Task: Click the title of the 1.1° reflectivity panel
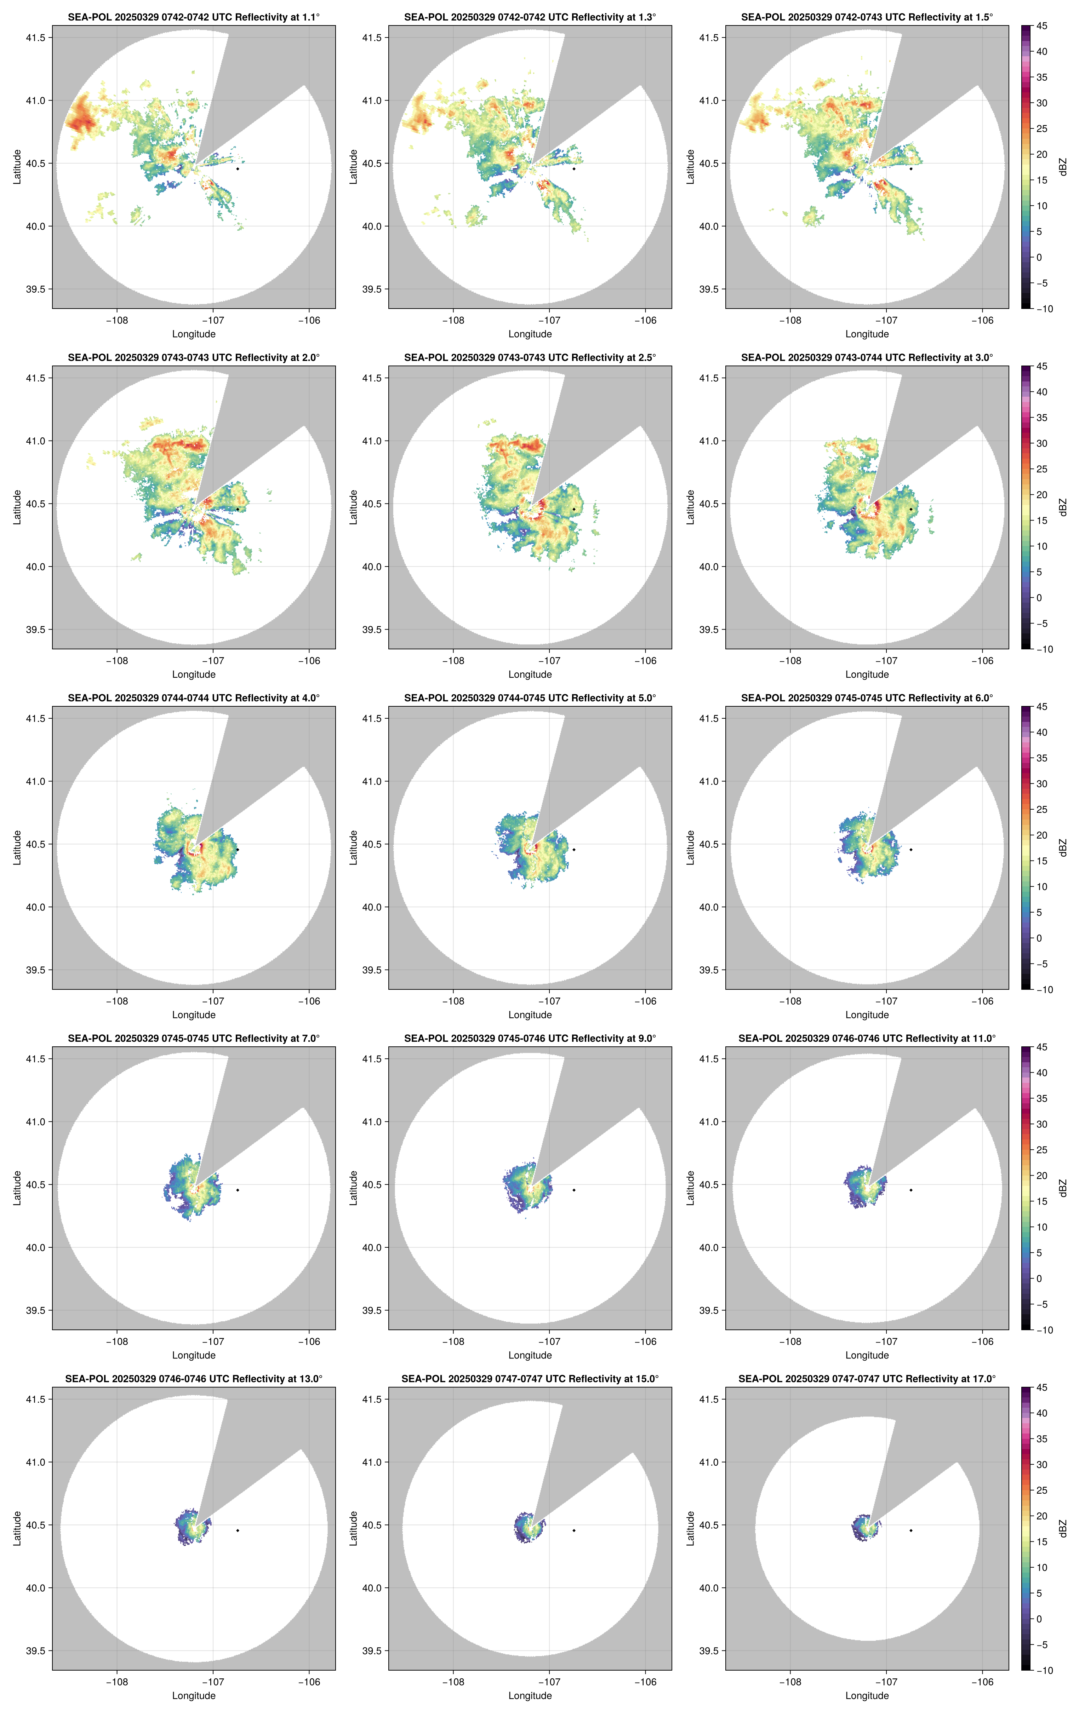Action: tap(194, 17)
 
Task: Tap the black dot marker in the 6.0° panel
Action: tap(910, 850)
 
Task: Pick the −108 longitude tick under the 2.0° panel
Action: tap(118, 660)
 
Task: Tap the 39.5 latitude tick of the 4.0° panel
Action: tap(35, 970)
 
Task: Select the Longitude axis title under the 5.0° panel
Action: tap(530, 1015)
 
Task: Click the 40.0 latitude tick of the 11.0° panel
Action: tap(709, 1247)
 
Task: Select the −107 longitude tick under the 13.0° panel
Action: tap(213, 1682)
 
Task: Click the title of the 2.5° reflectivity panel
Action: tap(530, 358)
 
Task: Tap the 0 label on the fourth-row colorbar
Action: tap(1039, 1278)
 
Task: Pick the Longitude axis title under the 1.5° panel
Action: tap(867, 334)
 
